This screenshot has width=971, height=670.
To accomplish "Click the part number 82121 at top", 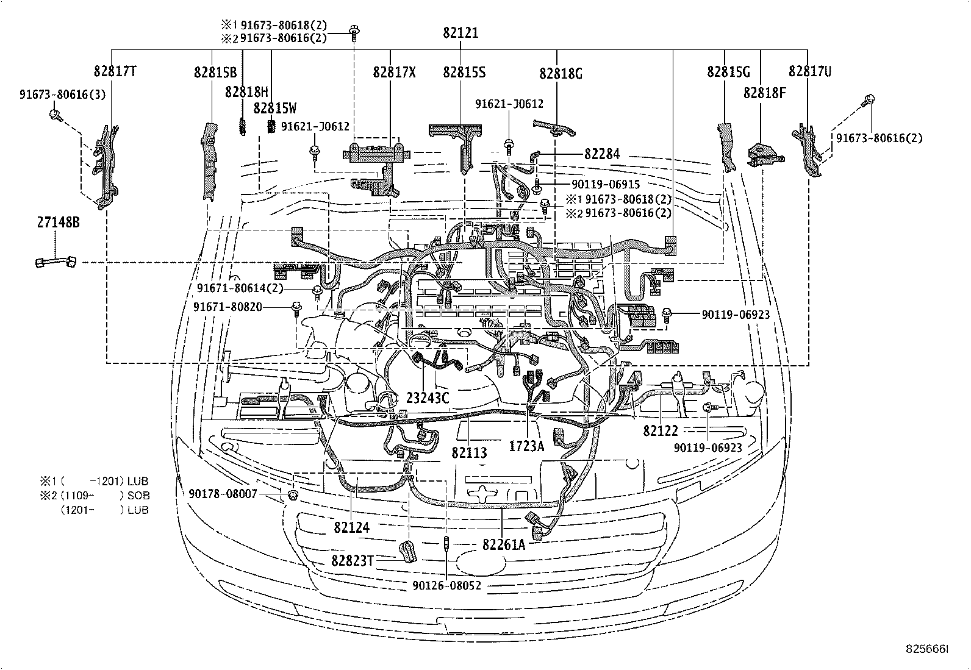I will (460, 33).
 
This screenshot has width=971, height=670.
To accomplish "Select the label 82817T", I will (115, 71).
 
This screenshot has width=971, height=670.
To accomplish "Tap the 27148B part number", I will (58, 223).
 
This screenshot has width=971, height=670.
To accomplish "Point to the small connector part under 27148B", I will (56, 262).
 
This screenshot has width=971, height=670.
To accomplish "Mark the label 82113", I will (469, 452).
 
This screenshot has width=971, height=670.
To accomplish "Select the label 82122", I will (660, 430).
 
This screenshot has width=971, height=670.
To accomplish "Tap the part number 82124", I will (351, 527).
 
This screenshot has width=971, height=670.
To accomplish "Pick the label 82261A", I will (503, 544).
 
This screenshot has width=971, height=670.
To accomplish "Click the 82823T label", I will (352, 560).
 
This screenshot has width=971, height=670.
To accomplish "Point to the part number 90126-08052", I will (446, 585).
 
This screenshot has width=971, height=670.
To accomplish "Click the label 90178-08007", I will (223, 494).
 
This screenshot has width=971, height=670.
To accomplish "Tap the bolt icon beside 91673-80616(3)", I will (56, 114).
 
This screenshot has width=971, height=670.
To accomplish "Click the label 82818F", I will (764, 93).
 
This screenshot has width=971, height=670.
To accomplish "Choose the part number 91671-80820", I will (228, 307).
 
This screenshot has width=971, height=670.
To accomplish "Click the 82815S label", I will (464, 72).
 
